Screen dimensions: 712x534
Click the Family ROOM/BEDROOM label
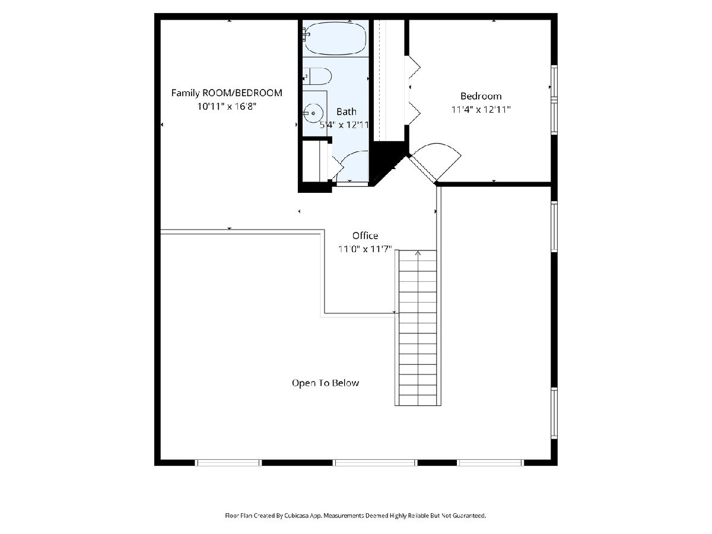(227, 93)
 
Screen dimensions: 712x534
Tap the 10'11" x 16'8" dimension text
(227, 106)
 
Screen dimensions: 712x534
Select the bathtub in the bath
(336, 38)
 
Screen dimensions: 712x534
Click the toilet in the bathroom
(317, 77)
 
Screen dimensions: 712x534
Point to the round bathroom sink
(313, 113)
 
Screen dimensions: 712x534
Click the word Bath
(346, 112)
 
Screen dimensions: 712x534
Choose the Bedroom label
(481, 96)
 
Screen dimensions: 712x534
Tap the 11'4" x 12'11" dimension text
(481, 110)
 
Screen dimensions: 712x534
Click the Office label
(365, 236)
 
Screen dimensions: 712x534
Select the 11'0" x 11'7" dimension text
(365, 249)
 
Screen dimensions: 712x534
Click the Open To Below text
(325, 383)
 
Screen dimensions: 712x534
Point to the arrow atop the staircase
(418, 253)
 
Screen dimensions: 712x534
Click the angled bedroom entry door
(421, 169)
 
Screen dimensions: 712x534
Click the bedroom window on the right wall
(554, 100)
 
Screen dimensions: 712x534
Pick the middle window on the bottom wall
(375, 462)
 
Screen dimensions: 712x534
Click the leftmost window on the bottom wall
(228, 462)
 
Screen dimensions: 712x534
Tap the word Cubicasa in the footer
(296, 515)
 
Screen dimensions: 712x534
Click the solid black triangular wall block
(386, 159)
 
